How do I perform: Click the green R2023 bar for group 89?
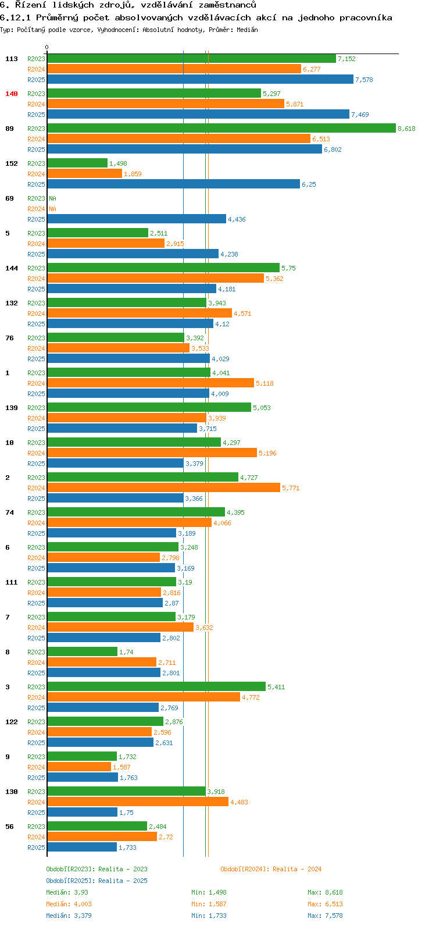tap(221, 129)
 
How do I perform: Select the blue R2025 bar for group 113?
tap(200, 80)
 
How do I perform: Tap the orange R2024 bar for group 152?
tap(84, 174)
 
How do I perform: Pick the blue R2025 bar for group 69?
tap(136, 219)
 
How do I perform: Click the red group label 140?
tap(12, 94)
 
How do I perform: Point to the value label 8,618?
tap(406, 129)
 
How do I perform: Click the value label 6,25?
tap(309, 184)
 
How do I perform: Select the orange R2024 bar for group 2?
tap(163, 488)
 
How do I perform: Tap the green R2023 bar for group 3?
tap(156, 687)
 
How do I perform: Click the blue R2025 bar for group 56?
tap(81, 847)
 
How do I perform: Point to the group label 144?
tap(12, 268)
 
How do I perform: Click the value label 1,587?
tap(121, 767)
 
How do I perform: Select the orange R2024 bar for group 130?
tap(137, 802)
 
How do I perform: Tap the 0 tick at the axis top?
tap(47, 48)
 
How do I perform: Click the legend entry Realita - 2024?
tap(271, 869)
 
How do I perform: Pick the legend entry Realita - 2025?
tap(97, 881)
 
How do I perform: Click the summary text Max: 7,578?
tap(325, 916)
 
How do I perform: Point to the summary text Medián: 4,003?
tap(69, 904)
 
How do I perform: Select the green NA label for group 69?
tap(52, 198)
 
